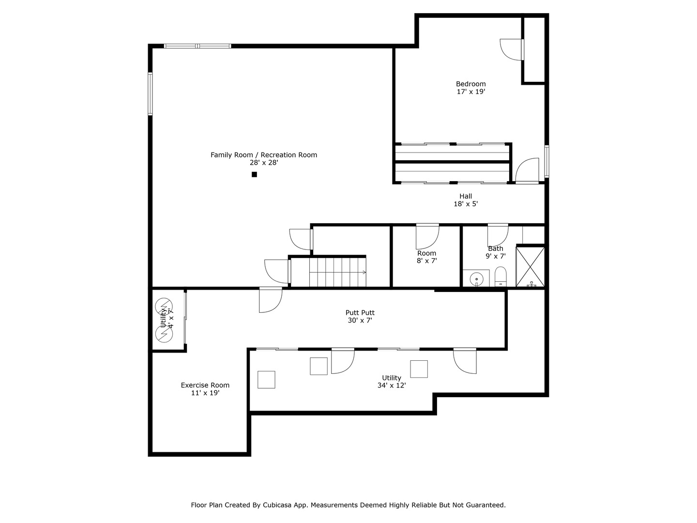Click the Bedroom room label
coord(470,84)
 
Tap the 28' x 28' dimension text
coord(264,163)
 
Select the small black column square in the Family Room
coord(254,174)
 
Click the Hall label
coord(466,196)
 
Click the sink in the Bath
coord(476,279)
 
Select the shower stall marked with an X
coord(530,267)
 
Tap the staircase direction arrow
coord(364,272)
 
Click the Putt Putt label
coord(360,313)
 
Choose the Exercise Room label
coord(205,385)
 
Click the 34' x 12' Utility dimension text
coord(392,385)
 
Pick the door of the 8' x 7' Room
coord(428,236)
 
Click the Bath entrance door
coord(498,234)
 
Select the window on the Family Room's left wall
coord(150,94)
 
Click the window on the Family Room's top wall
coord(197,46)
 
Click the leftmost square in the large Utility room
coord(266,380)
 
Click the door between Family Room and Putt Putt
coord(270,300)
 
